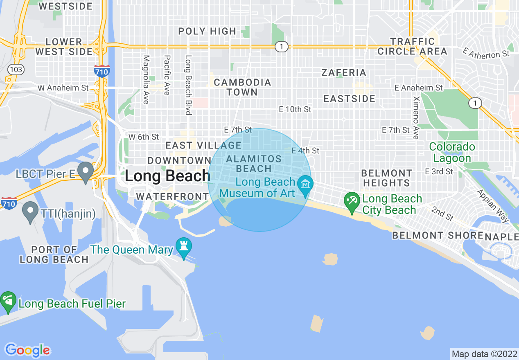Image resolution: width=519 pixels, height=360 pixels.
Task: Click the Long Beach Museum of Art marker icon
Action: (305, 184)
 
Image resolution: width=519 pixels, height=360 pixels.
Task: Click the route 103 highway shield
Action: (16, 70)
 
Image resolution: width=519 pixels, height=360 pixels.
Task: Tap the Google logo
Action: (28, 350)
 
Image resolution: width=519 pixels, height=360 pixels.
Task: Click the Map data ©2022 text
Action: (485, 353)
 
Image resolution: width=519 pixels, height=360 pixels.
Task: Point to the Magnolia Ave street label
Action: (146, 79)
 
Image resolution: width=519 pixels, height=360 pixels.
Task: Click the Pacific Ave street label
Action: (167, 75)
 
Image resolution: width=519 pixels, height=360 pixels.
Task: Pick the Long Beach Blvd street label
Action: (188, 85)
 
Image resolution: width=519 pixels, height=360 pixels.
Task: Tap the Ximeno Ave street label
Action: (416, 117)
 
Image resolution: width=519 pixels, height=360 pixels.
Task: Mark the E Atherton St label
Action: (486, 54)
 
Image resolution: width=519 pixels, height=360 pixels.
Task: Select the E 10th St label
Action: (295, 110)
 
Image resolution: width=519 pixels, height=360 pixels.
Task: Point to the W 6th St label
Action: (144, 137)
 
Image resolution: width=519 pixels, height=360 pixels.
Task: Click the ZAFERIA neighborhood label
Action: (344, 73)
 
